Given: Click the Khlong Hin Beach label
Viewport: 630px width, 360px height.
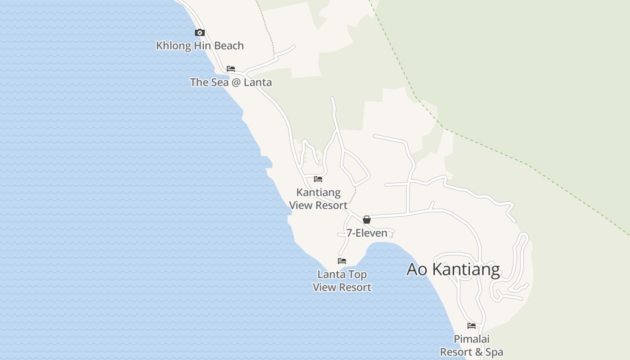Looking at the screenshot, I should (200, 45).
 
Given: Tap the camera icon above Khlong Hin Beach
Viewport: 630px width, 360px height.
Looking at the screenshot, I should (200, 32).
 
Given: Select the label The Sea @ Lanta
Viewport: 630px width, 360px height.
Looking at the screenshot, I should (231, 82).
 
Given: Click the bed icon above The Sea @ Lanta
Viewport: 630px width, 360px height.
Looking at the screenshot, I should (231, 69).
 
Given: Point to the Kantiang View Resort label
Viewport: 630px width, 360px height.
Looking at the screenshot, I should (318, 199).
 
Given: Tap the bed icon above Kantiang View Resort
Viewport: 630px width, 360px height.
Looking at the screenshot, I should (318, 179).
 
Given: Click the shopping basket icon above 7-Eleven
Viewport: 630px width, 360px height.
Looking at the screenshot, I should (367, 220).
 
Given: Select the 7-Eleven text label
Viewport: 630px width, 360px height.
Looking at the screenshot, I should (367, 233).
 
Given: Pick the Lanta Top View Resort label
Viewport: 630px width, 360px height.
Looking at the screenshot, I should (342, 281).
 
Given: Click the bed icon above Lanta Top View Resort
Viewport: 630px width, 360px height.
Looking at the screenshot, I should (342, 261).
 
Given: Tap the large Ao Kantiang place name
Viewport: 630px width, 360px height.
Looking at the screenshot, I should (453, 269).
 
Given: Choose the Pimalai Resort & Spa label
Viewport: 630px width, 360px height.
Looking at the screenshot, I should (471, 345).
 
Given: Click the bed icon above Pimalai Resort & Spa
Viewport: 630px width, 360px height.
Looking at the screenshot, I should (472, 326).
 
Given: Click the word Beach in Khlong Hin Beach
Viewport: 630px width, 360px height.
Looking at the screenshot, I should (229, 45).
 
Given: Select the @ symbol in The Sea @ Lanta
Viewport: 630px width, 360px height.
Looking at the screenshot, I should (235, 82).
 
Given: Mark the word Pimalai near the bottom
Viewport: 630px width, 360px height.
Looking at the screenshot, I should (471, 339).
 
